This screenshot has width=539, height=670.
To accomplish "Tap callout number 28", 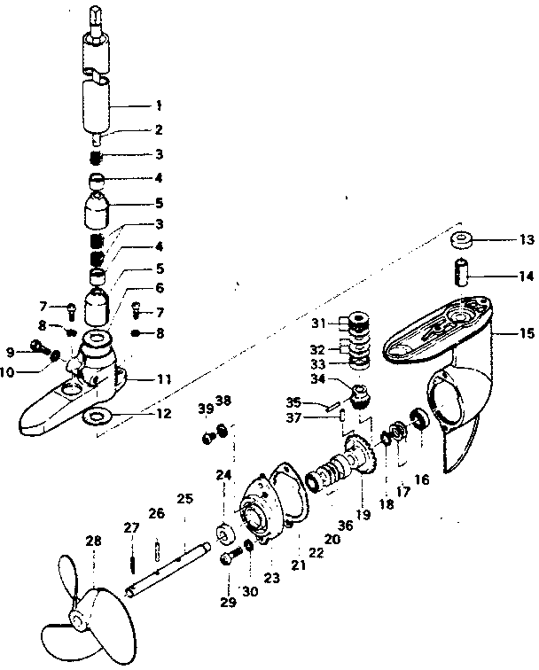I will [93, 541].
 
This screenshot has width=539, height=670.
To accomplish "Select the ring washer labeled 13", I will [462, 239].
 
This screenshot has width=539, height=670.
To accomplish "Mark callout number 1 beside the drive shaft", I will [159, 105].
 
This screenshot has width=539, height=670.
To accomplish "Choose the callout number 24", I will [222, 474].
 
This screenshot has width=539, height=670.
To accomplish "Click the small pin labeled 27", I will [131, 557].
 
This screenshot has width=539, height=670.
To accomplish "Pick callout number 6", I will [160, 289].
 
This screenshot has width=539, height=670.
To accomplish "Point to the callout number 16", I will [421, 479].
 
